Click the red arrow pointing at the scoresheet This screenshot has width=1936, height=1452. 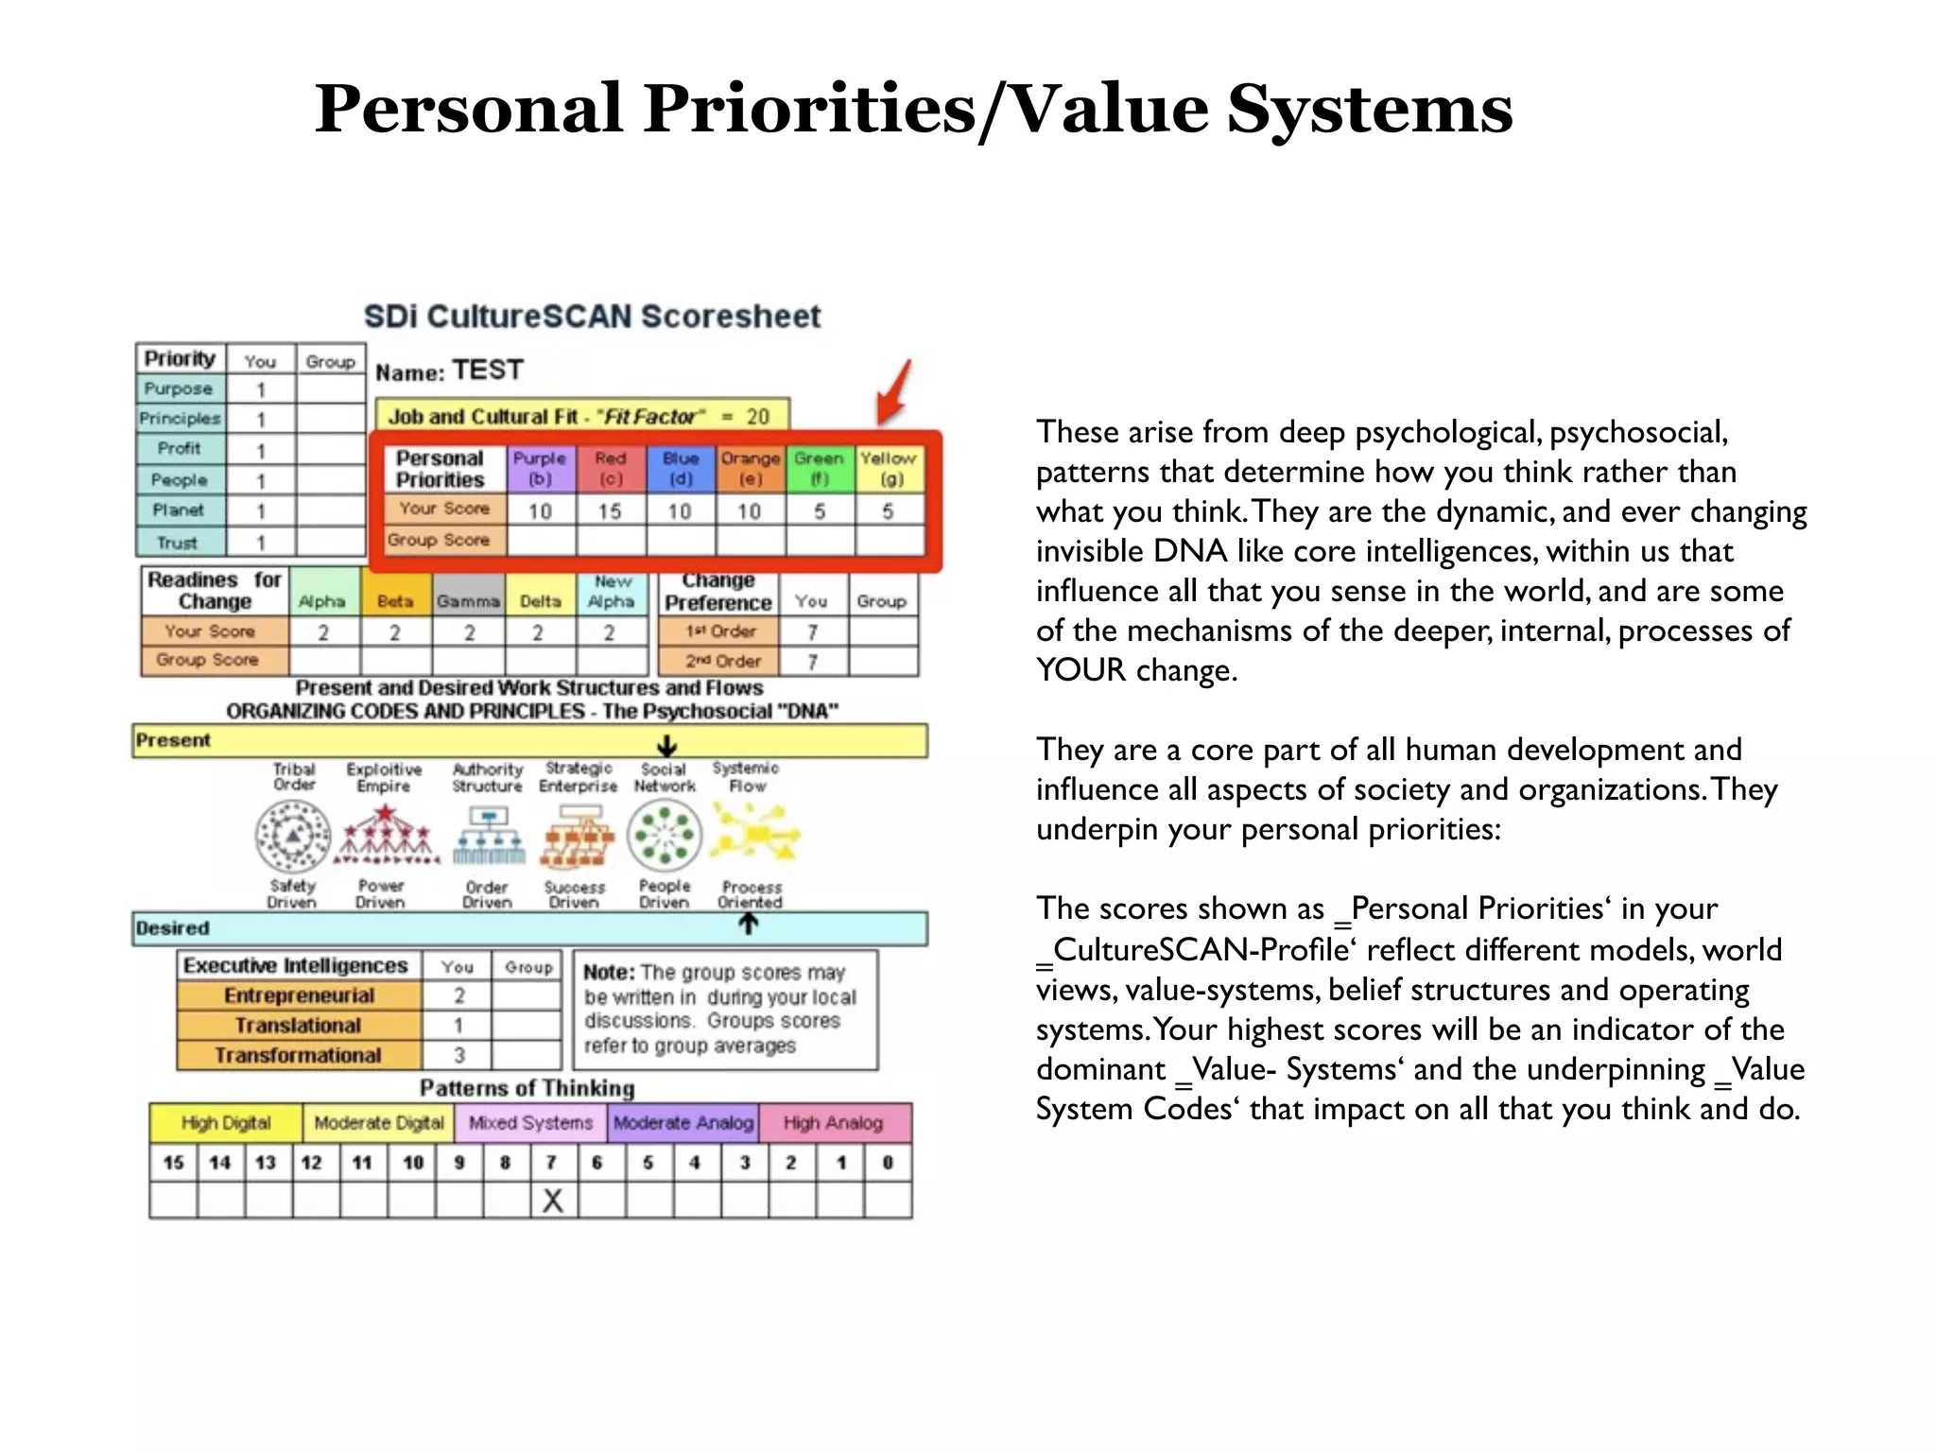point(893,392)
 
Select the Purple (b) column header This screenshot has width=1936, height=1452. point(540,469)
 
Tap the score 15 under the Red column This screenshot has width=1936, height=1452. point(610,511)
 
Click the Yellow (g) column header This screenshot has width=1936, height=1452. point(888,469)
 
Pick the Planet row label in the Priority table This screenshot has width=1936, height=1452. point(179,510)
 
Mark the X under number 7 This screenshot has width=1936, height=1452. point(553,1201)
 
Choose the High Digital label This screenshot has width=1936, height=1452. point(226,1123)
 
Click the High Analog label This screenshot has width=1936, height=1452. point(833,1123)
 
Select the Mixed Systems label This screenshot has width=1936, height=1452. point(530,1123)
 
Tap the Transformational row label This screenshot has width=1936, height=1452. point(298,1055)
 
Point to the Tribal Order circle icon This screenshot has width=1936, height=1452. point(293,836)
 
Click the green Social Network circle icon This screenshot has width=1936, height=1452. point(665,835)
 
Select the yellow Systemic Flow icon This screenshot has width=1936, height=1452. point(755,834)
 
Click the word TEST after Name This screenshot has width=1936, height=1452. point(487,370)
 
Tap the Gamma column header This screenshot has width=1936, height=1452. point(468,601)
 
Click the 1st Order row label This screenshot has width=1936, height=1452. point(720,631)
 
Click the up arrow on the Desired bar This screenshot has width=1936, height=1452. point(748,925)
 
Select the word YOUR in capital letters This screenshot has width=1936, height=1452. point(1080,670)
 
